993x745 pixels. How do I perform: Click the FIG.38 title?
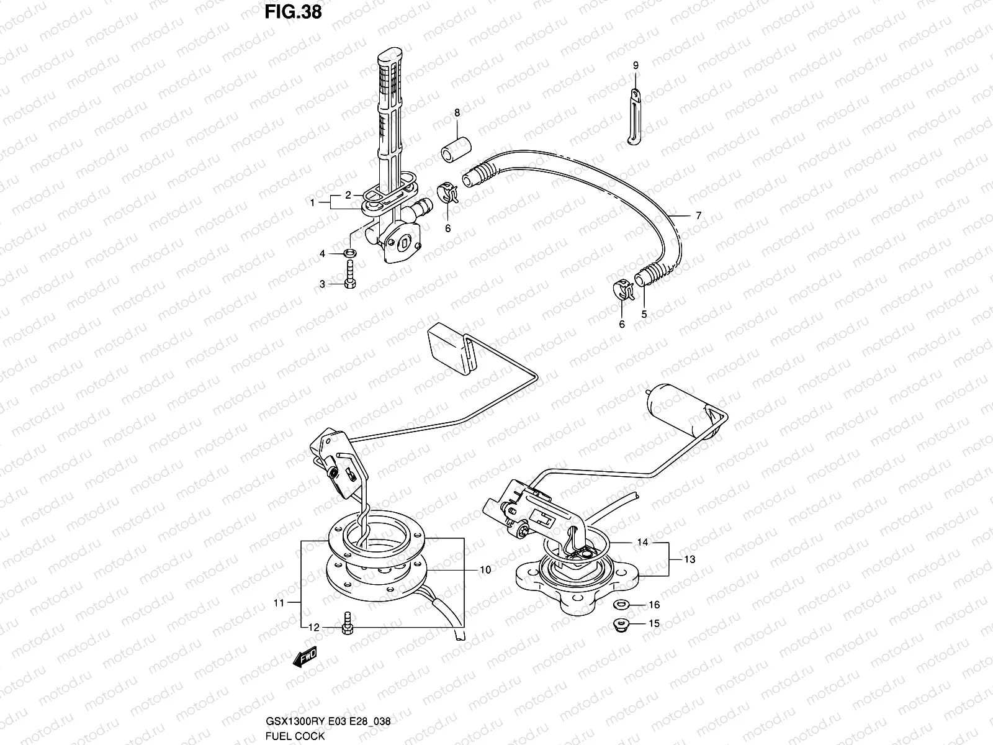pos(294,12)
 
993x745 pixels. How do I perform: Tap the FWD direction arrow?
pos(305,657)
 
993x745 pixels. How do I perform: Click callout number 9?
pos(636,65)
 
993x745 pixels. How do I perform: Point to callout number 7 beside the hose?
pos(698,216)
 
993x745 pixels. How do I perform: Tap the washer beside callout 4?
pos(351,253)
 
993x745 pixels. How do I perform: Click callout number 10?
pos(485,569)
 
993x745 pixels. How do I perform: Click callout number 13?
pos(690,559)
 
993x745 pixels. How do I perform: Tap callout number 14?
pos(642,542)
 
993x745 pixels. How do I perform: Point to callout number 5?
pos(644,314)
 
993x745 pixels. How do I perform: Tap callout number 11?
pos(279,602)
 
